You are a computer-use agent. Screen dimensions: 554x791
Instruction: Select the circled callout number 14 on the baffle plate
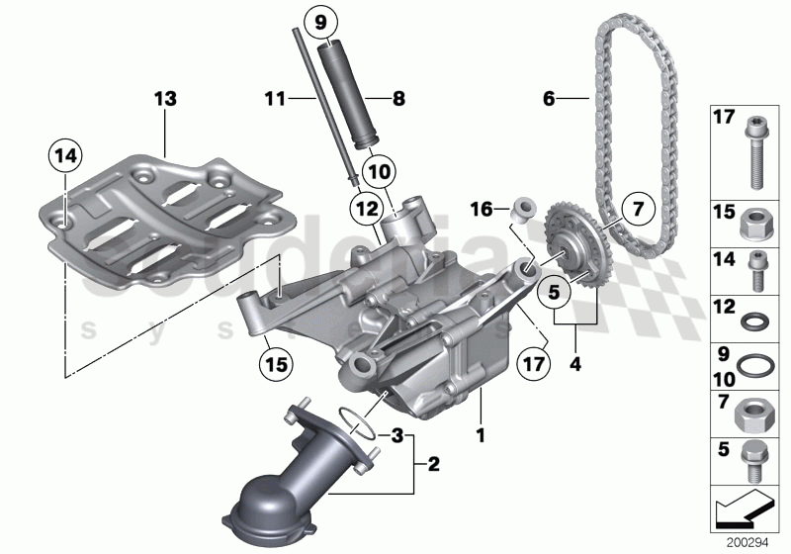[x=66, y=155]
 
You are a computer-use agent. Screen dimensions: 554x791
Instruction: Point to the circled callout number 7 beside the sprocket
[x=638, y=209]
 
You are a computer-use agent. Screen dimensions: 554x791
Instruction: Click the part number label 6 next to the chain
[x=550, y=98]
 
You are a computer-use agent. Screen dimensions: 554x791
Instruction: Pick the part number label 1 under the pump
[x=482, y=432]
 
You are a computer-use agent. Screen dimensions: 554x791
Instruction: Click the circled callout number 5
[x=554, y=292]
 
